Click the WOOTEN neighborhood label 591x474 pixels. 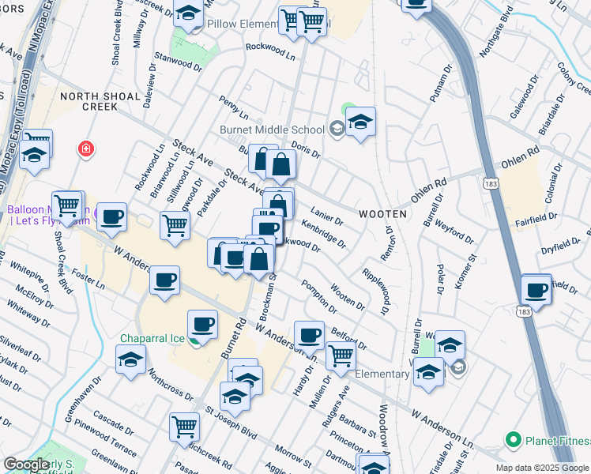[x=383, y=214]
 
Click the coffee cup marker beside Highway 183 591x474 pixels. [x=536, y=289]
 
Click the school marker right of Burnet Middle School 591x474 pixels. [x=360, y=122]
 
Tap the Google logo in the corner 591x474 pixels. [x=26, y=465]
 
